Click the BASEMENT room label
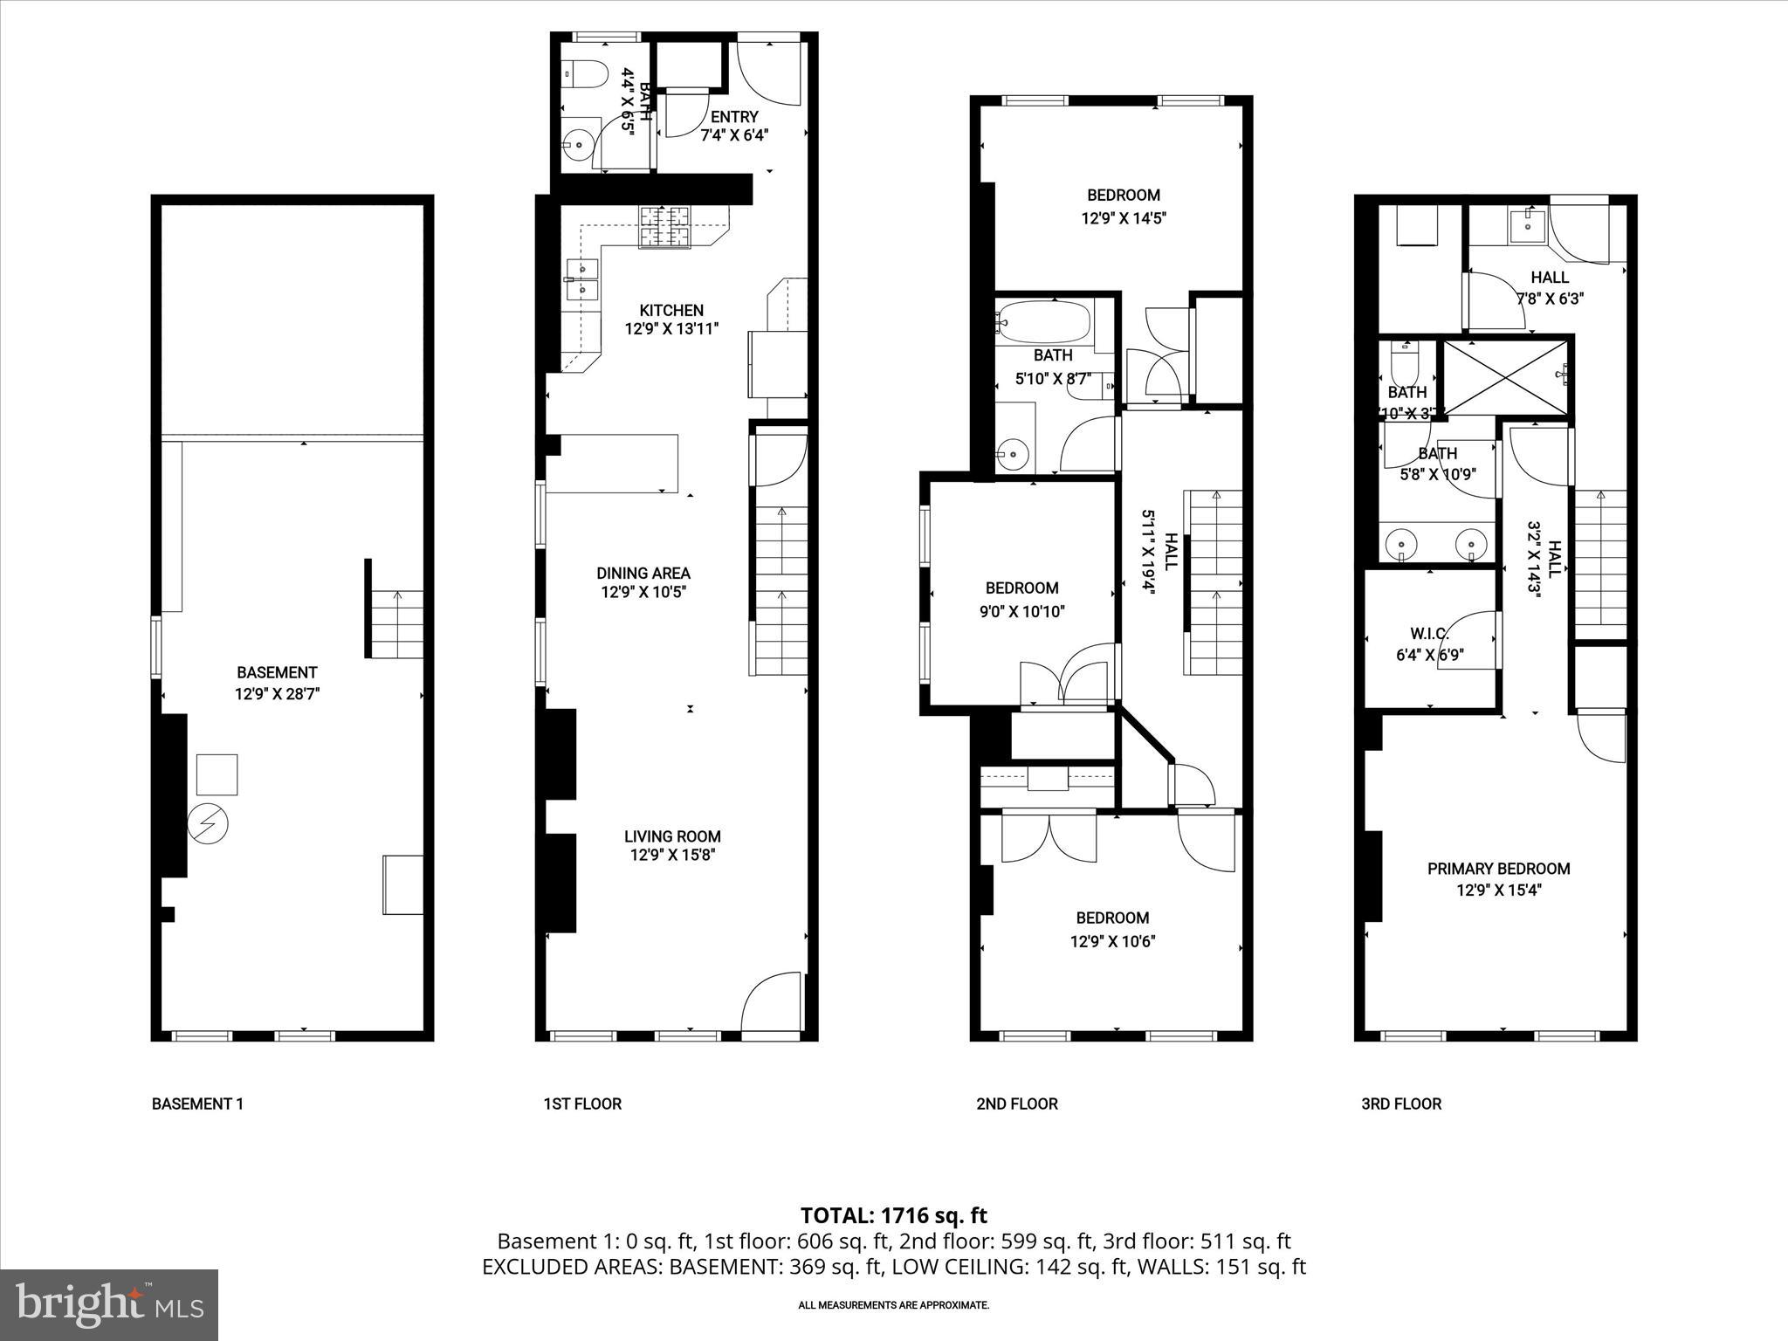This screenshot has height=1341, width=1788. tap(277, 672)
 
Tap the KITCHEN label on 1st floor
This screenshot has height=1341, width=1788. tap(670, 311)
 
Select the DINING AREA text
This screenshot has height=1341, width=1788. tap(643, 574)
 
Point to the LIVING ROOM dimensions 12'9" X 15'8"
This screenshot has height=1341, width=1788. tap(672, 856)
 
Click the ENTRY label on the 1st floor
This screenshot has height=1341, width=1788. tap(734, 117)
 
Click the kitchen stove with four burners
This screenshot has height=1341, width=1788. tap(664, 227)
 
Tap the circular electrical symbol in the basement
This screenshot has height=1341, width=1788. tap(208, 823)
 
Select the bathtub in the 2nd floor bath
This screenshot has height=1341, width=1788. tap(1044, 323)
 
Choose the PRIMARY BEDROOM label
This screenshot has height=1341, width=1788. tap(1498, 869)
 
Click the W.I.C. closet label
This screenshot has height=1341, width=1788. tap(1429, 634)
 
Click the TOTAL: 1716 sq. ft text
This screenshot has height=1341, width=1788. tap(893, 1215)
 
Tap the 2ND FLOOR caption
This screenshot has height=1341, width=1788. tap(1016, 1104)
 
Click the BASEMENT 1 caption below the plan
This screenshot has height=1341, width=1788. tap(197, 1104)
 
